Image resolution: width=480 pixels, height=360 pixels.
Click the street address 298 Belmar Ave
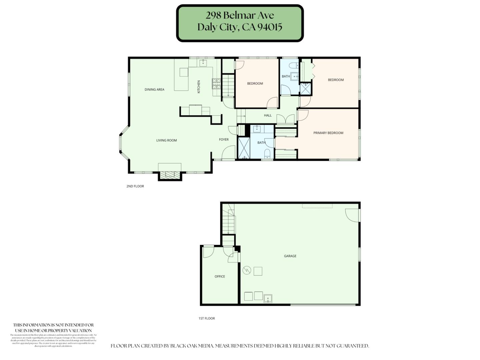(x=240, y=15)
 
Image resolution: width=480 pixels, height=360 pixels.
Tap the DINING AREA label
(x=154, y=89)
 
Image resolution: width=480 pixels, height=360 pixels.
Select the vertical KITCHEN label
(x=199, y=87)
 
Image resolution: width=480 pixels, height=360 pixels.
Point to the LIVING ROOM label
(x=166, y=140)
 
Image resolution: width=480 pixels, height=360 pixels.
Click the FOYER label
(x=224, y=139)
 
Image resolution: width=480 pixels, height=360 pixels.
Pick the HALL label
(x=268, y=115)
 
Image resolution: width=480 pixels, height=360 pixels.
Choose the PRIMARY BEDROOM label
(x=328, y=133)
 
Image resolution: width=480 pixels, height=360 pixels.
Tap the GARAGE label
(x=290, y=256)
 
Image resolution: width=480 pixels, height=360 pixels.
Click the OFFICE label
(x=220, y=276)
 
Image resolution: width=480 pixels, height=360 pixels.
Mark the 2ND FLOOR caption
(x=135, y=186)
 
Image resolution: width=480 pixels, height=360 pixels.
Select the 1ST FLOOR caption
(x=207, y=318)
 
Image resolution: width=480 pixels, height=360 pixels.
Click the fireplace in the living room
(x=170, y=175)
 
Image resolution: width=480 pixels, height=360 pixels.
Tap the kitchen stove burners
(x=216, y=84)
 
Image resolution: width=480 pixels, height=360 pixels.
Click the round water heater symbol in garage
(x=247, y=270)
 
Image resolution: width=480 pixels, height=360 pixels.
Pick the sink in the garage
(x=268, y=298)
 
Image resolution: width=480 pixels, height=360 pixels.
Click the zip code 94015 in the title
(x=270, y=27)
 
